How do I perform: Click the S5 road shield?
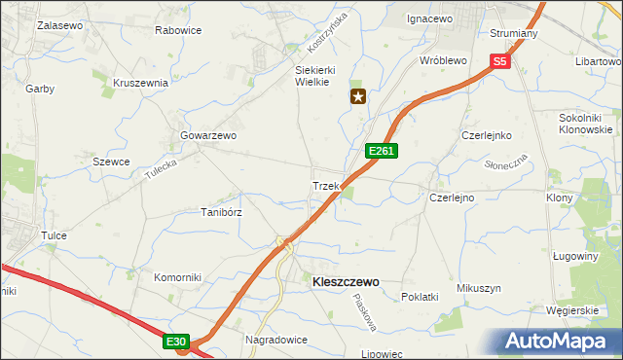(499, 61)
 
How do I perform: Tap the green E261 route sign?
(381, 151)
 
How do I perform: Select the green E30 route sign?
(175, 342)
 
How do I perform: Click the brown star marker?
(359, 96)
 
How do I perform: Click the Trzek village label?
(324, 186)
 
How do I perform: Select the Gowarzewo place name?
(208, 136)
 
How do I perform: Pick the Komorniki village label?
(177, 277)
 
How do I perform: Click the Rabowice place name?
(178, 30)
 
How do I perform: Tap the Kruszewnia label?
(141, 83)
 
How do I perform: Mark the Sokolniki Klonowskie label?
(585, 123)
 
